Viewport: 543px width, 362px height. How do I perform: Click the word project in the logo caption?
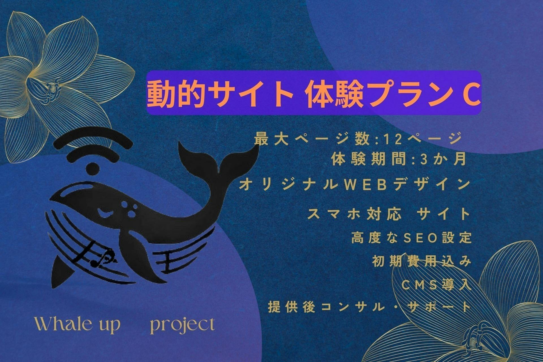click(x=182, y=325)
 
